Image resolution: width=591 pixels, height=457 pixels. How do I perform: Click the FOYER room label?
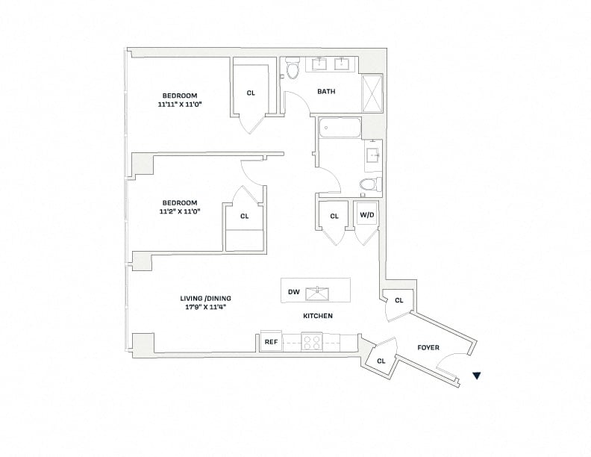428,347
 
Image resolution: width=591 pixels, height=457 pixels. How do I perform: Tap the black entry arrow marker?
477,375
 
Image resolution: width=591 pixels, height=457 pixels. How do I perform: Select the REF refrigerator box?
271,342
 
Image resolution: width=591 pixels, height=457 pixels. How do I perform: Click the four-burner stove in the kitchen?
312,342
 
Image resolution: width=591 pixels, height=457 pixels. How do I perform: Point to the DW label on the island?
293,292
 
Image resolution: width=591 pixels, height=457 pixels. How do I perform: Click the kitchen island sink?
317,293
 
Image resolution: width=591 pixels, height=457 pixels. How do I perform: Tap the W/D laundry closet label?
367,215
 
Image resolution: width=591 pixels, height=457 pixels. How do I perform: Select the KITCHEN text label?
318,316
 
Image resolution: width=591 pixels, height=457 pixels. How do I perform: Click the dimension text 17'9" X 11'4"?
205,307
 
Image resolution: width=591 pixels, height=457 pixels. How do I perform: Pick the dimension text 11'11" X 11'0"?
180,105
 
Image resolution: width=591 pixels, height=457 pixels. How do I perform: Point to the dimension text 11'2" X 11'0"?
179,211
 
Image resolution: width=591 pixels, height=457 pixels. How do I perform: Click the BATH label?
326,91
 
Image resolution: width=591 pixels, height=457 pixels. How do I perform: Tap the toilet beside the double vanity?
292,68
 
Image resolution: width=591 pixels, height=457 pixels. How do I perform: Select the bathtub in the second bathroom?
340,128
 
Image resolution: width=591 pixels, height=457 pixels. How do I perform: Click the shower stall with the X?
372,93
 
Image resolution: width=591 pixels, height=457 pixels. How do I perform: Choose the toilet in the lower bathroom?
370,184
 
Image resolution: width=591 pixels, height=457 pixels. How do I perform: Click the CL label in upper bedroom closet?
251,93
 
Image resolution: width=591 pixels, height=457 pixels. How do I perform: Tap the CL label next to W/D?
334,216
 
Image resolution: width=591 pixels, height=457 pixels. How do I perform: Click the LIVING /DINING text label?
205,298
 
